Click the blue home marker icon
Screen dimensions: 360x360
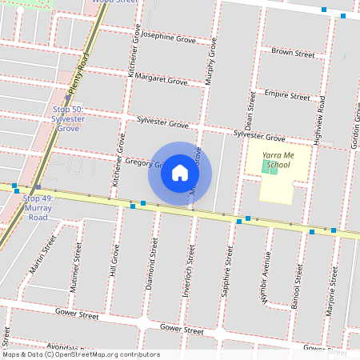click(x=180, y=173)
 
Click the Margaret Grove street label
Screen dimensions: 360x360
click(x=161, y=80)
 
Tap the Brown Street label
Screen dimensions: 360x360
click(x=293, y=54)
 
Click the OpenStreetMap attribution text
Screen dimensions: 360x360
click(x=80, y=354)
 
